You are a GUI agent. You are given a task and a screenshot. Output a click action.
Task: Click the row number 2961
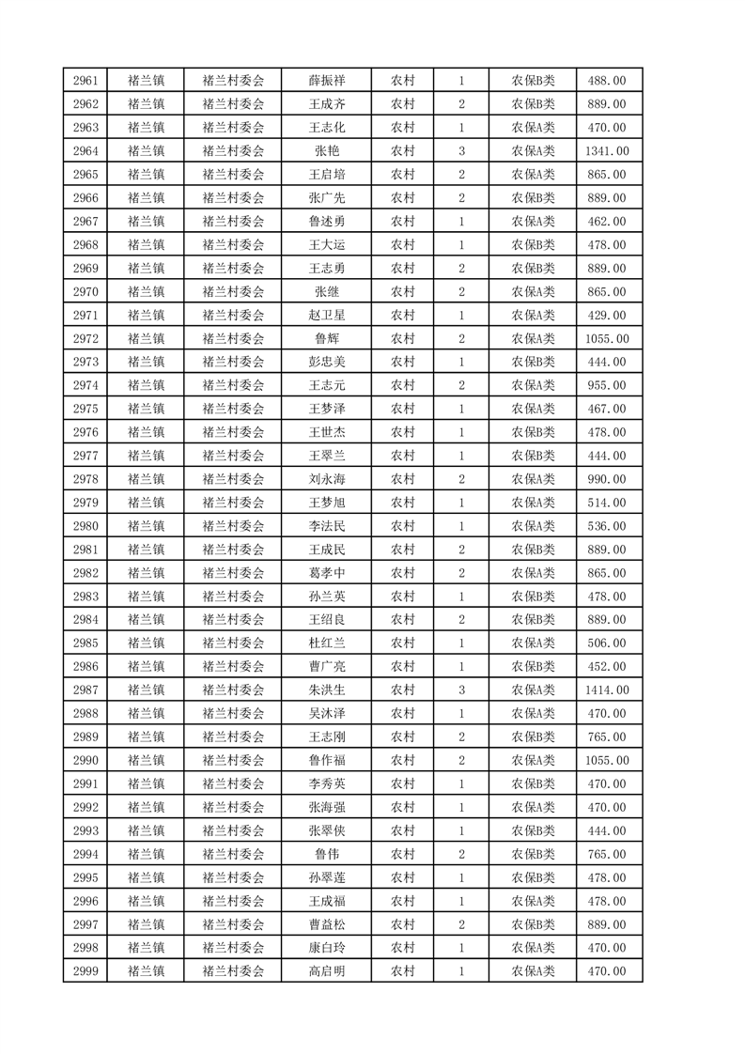point(85,81)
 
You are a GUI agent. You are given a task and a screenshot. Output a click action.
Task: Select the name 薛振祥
point(326,81)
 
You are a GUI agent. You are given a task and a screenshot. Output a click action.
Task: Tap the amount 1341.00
point(606,151)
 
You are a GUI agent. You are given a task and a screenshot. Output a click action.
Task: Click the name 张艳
point(326,151)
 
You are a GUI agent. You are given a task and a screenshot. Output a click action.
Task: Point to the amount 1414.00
point(606,690)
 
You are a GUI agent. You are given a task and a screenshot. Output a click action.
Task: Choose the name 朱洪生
point(326,690)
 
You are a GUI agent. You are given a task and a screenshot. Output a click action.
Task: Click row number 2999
point(85,971)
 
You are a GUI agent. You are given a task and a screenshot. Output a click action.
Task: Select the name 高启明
point(326,971)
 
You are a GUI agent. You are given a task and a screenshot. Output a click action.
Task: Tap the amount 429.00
point(606,315)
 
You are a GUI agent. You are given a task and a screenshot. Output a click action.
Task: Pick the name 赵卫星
point(326,315)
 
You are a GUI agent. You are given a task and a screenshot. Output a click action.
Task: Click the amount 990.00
point(606,479)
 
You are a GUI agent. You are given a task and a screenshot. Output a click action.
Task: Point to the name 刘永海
point(326,479)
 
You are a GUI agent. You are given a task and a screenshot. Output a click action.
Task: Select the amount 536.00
point(606,526)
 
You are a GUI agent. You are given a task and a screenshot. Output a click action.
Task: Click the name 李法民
point(326,526)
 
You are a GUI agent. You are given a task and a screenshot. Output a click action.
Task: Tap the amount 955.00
point(606,385)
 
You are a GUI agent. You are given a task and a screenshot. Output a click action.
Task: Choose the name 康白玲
point(326,948)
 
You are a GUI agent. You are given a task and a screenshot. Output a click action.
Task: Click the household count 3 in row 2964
point(461,151)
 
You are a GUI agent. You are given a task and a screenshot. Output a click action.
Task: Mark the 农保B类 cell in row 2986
point(533,667)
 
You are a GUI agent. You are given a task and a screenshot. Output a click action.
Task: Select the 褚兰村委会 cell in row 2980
point(234,526)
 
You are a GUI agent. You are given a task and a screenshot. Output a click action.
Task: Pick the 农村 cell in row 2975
point(403,409)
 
